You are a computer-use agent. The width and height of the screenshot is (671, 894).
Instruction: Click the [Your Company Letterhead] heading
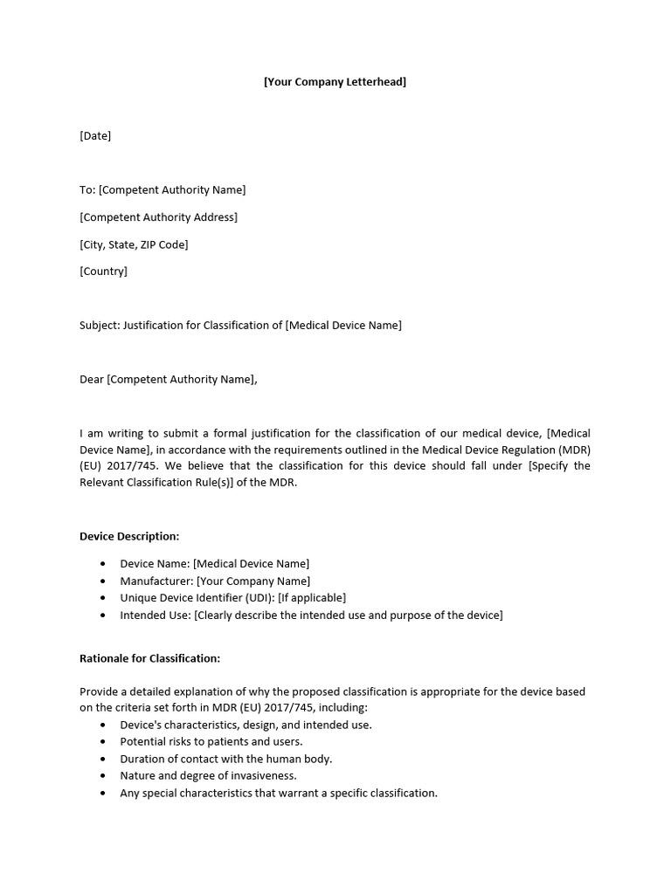point(335,82)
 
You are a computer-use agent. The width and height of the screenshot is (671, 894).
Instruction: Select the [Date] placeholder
point(95,136)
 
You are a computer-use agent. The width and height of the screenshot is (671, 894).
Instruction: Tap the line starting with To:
point(163,190)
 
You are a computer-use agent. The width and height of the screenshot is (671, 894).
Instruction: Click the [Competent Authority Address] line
point(158,217)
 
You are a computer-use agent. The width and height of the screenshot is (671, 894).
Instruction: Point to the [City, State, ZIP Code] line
point(134,244)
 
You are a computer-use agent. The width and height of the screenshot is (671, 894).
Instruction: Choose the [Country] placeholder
point(103,272)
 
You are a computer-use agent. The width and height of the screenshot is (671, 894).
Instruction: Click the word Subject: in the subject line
point(100,326)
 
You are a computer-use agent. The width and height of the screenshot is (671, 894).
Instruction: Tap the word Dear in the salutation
point(92,380)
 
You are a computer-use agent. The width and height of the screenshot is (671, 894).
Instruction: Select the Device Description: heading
point(129,536)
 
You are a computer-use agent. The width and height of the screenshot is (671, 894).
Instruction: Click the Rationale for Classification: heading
point(149,658)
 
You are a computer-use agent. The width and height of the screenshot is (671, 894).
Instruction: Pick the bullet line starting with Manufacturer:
point(215,581)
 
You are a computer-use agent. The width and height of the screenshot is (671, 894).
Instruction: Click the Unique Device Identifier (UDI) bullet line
point(232,598)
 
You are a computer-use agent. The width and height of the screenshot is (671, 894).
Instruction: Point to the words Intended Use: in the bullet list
point(156,615)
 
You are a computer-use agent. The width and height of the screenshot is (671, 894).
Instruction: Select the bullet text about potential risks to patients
point(211,742)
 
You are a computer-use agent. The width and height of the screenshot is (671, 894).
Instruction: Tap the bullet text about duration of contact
point(225,760)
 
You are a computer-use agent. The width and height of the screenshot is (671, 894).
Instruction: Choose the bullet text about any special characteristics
point(278,794)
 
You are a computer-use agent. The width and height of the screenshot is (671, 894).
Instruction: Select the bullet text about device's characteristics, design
point(246,726)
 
